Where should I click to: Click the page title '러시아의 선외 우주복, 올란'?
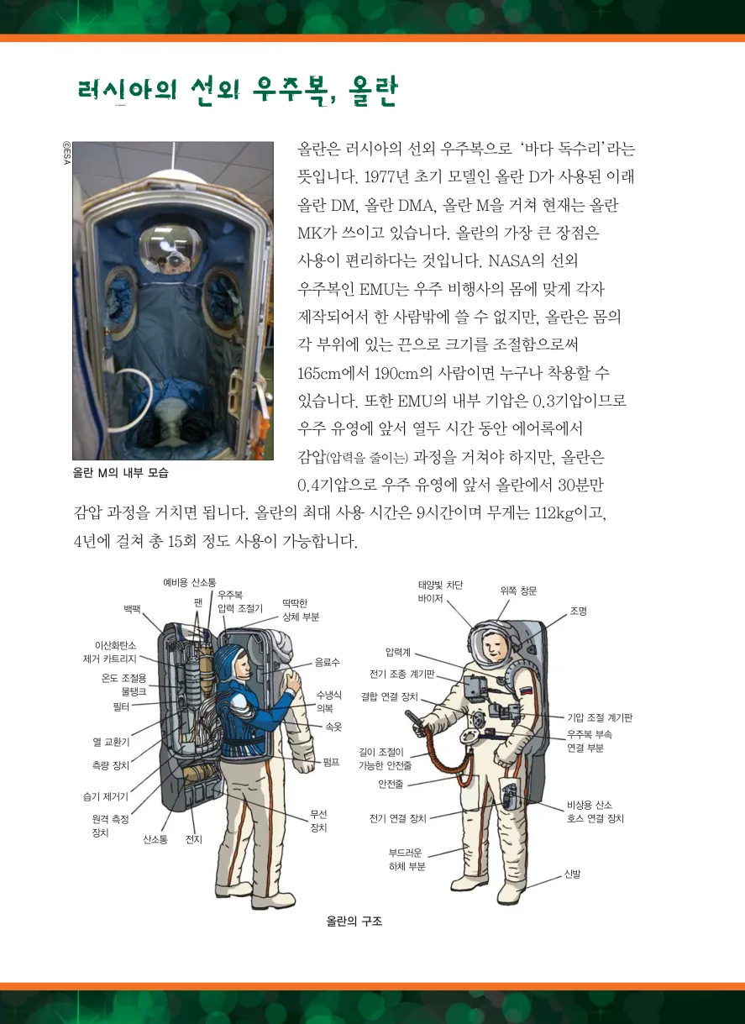click(237, 92)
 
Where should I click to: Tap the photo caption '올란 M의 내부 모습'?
click(120, 473)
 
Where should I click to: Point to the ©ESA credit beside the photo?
click(66, 153)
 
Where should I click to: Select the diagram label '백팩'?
click(132, 609)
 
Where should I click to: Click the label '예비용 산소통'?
click(189, 582)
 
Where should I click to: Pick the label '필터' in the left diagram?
click(121, 707)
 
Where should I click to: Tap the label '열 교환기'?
click(111, 742)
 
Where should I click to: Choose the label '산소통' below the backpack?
click(155, 839)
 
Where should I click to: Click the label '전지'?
click(194, 839)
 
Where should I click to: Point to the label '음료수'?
click(328, 662)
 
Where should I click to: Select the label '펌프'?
click(332, 762)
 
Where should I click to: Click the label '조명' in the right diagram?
click(578, 612)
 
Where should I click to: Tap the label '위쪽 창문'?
click(518, 591)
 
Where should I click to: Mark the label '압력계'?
click(397, 653)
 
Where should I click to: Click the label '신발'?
click(572, 874)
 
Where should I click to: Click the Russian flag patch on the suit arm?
click(527, 690)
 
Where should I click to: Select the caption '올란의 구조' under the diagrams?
click(354, 922)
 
